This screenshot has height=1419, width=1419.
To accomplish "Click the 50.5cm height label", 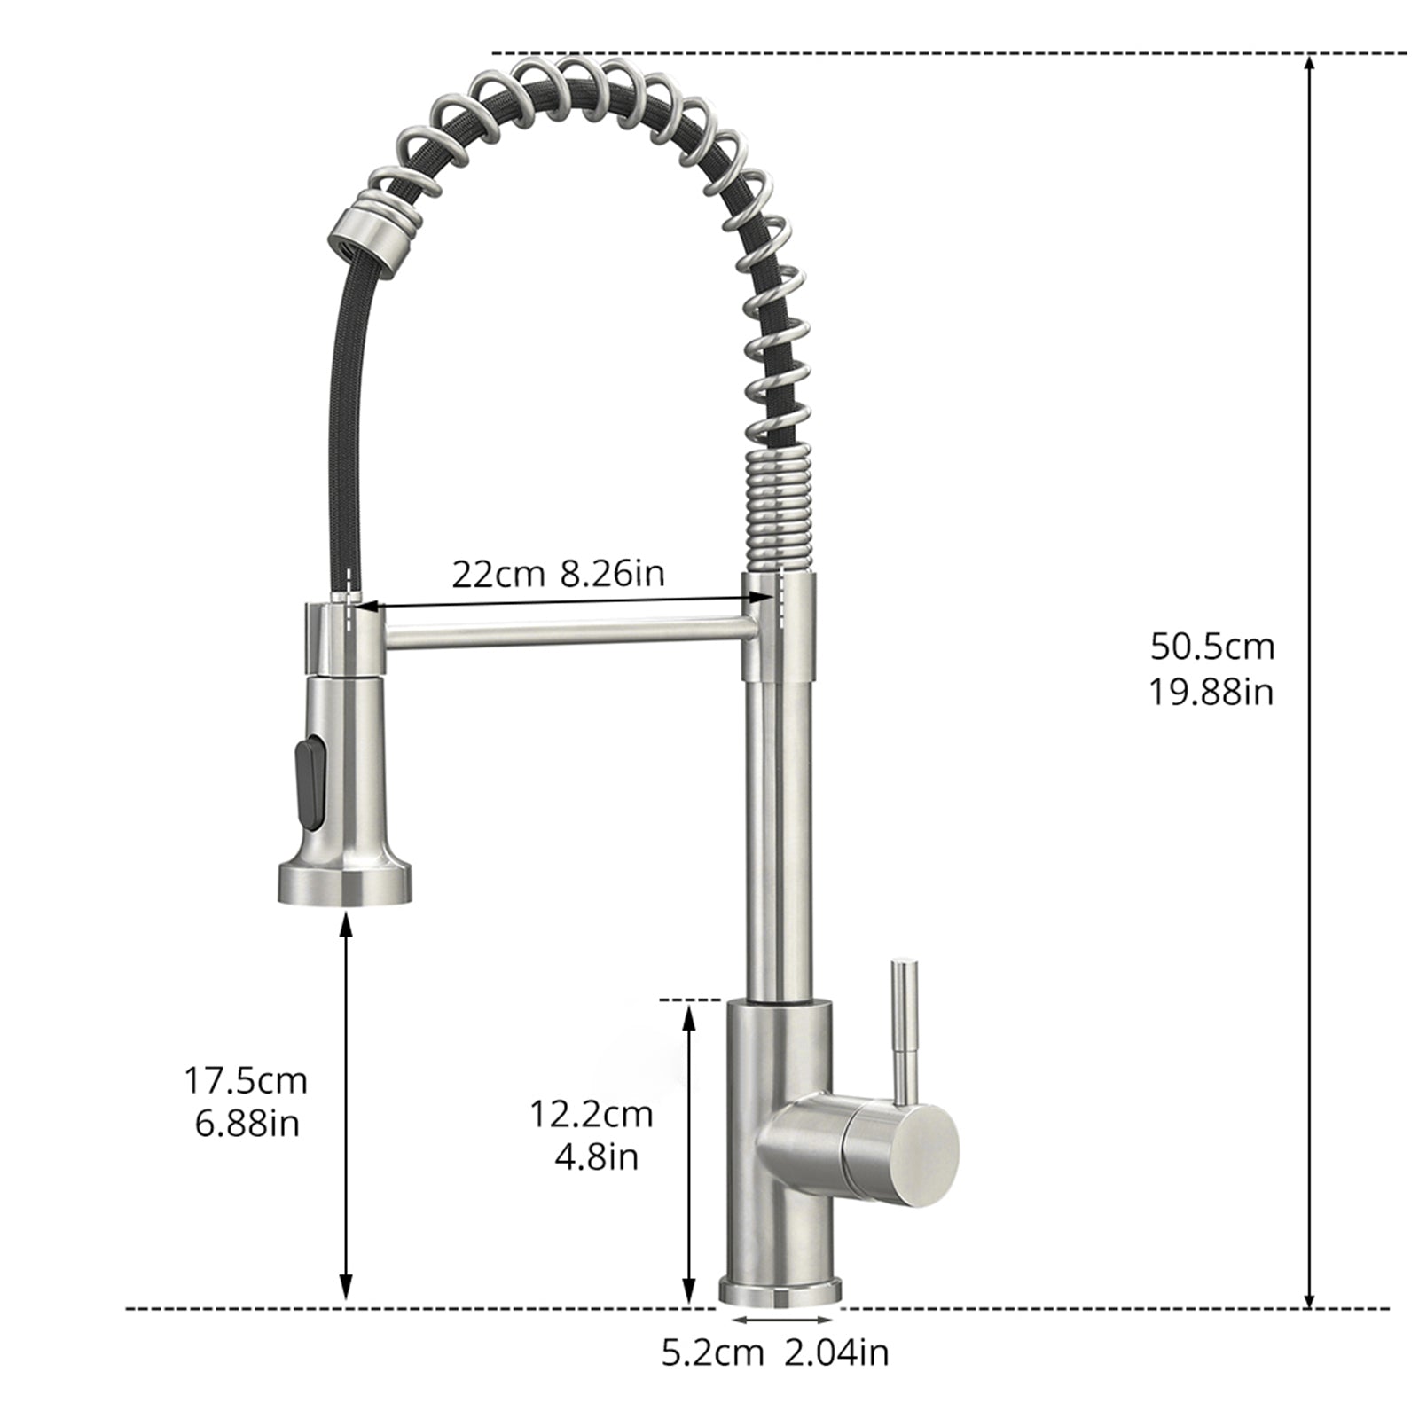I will point(1211,647).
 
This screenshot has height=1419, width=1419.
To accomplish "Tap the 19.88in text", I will point(1211,692).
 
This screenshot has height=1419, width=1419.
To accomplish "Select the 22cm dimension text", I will point(498,575).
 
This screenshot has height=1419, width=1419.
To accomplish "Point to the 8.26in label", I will point(611,575).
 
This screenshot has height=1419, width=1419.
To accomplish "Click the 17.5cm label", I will point(246,1081).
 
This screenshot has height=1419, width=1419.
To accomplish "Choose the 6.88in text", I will point(246,1125).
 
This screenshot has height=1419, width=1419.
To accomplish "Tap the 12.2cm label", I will point(591,1114).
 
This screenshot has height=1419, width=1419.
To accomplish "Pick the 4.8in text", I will point(596,1157).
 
